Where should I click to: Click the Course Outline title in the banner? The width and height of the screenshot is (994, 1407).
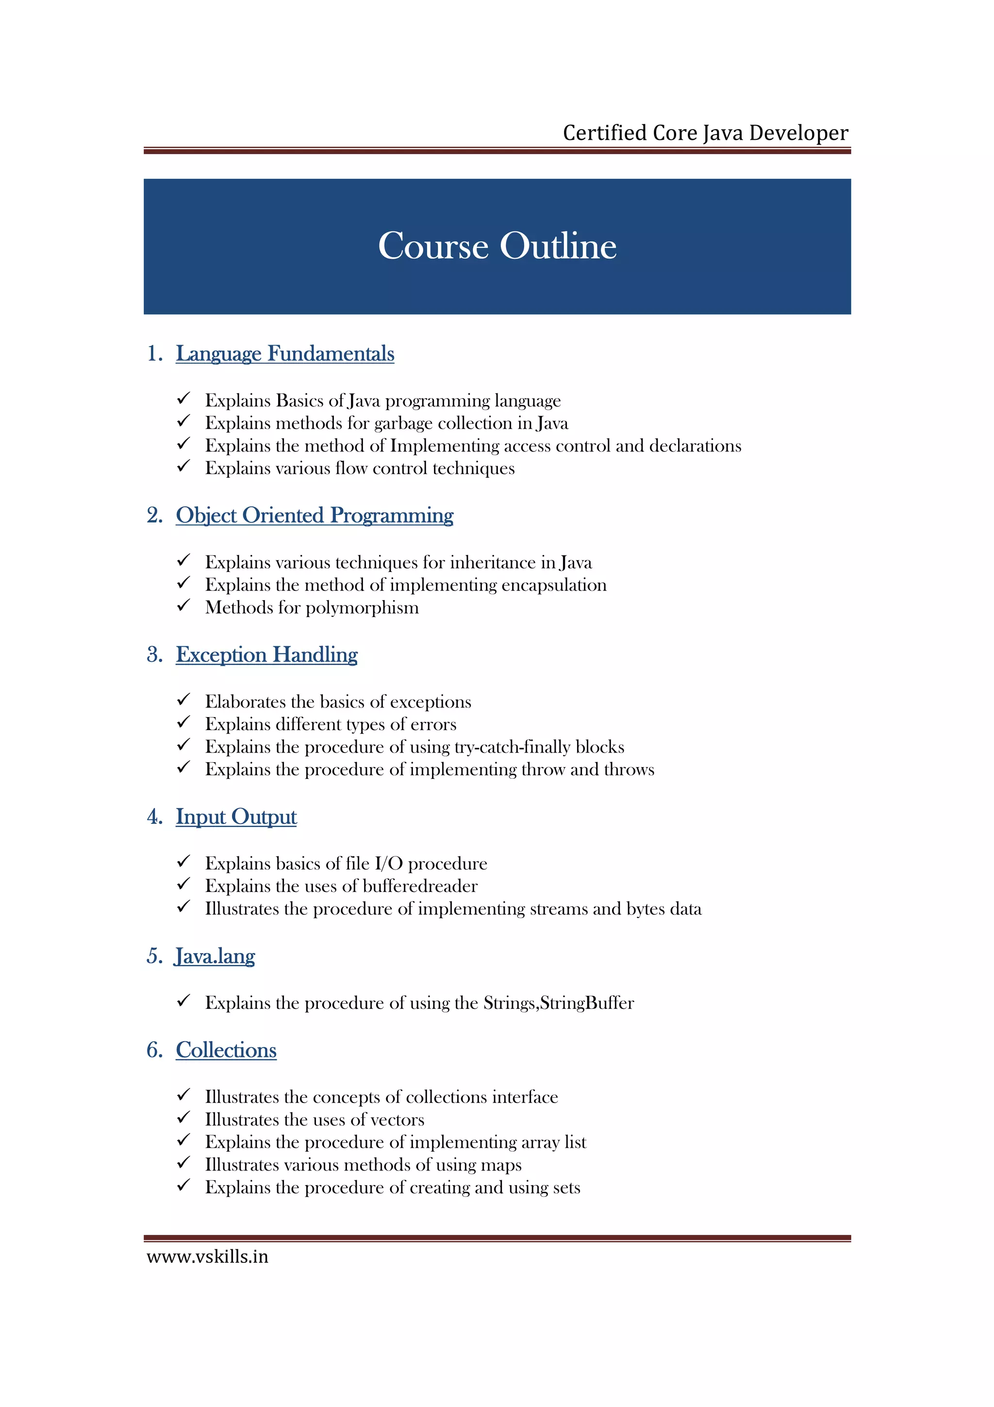[497, 246]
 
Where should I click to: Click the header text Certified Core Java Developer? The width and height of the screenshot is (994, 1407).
[705, 133]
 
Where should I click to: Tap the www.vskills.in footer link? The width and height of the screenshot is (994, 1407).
[207, 1256]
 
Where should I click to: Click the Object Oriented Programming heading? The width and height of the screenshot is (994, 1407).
[314, 516]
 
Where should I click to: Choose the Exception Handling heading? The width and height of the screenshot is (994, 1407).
[266, 654]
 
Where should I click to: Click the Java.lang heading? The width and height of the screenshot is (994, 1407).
[215, 956]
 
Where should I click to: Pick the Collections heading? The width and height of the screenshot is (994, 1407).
[226, 1050]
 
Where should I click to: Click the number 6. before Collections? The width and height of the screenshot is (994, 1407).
[154, 1050]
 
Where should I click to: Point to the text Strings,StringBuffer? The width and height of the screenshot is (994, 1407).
[558, 1003]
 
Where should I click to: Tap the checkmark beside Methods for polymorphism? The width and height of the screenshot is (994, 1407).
[183, 605]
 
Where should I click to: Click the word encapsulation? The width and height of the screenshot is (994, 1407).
[554, 585]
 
